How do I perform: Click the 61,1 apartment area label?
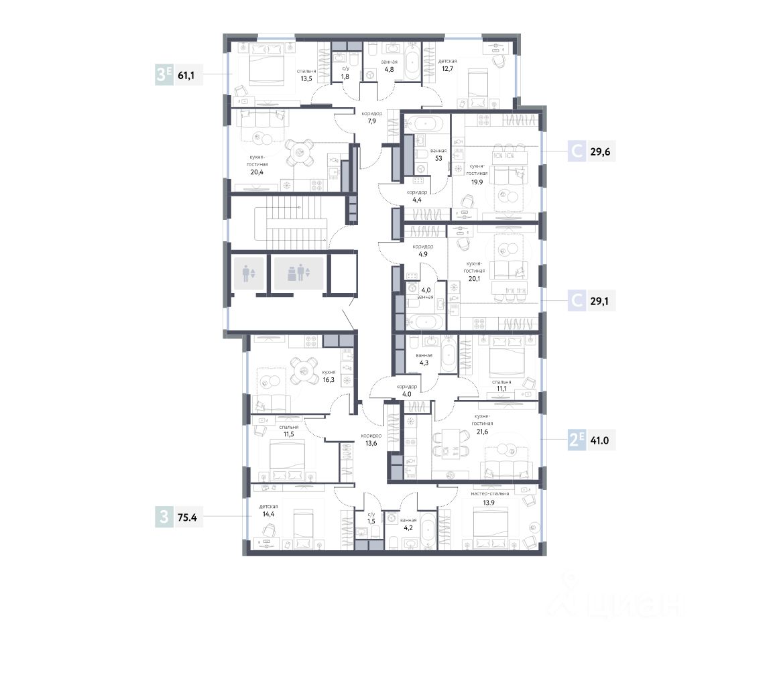pyautogui.click(x=186, y=75)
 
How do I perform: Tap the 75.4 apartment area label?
pyautogui.click(x=187, y=517)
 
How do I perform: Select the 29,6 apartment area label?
pyautogui.click(x=600, y=152)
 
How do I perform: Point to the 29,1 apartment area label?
pyautogui.click(x=599, y=301)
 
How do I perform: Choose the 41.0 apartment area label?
pyautogui.click(x=599, y=440)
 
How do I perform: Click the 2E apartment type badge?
pyautogui.click(x=577, y=440)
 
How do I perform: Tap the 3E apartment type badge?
pyautogui.click(x=164, y=75)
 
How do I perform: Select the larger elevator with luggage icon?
pyautogui.click(x=298, y=273)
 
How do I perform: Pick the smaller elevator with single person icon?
pyautogui.click(x=249, y=273)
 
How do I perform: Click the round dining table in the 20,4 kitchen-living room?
pyautogui.click(x=300, y=153)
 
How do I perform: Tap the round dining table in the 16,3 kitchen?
pyautogui.click(x=304, y=370)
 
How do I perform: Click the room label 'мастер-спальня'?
pyautogui.click(x=489, y=493)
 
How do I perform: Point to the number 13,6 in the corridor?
pyautogui.click(x=371, y=444)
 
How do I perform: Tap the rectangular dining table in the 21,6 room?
pyautogui.click(x=451, y=444)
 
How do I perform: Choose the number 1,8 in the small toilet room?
pyautogui.click(x=345, y=76)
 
